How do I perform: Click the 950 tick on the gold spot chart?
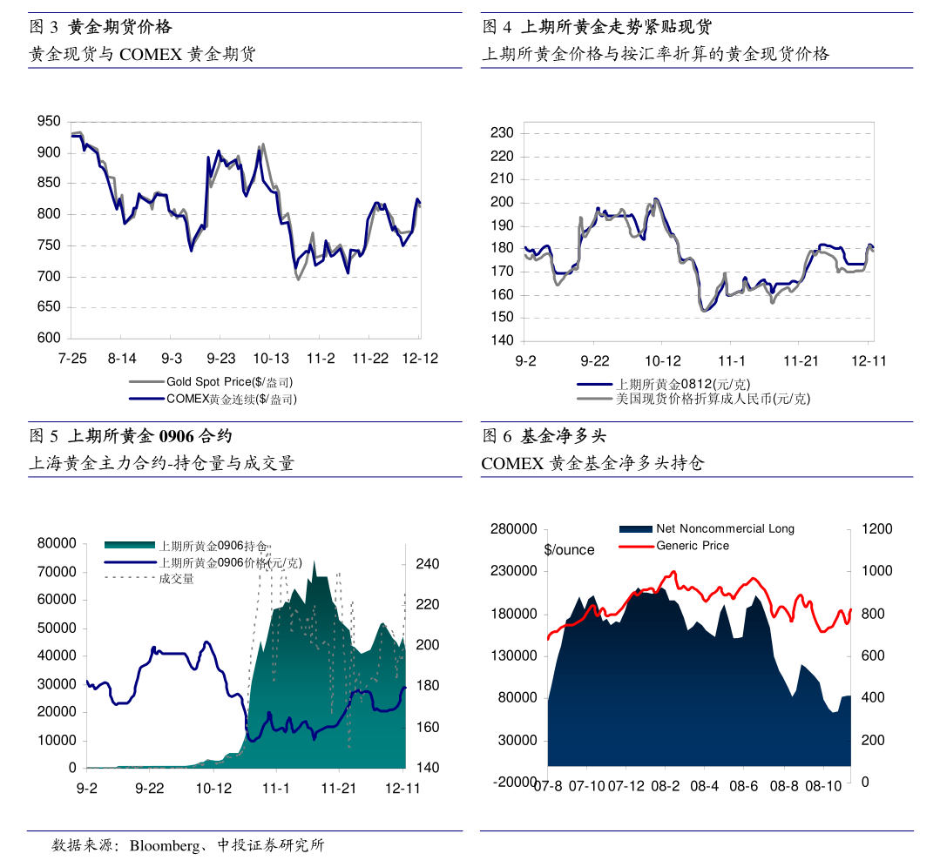tap(49, 122)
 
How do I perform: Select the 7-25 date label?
tap(72, 359)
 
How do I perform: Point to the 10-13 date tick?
tap(271, 359)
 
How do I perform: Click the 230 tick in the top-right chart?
tap(502, 133)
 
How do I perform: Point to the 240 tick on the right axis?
tap(427, 564)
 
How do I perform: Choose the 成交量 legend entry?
tap(176, 579)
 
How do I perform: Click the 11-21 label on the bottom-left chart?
tap(339, 788)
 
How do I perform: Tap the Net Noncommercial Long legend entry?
tap(725, 528)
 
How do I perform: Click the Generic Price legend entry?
tap(693, 546)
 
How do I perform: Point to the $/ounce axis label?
tap(569, 550)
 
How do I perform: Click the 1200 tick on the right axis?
tap(877, 529)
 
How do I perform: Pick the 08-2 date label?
tap(666, 786)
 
